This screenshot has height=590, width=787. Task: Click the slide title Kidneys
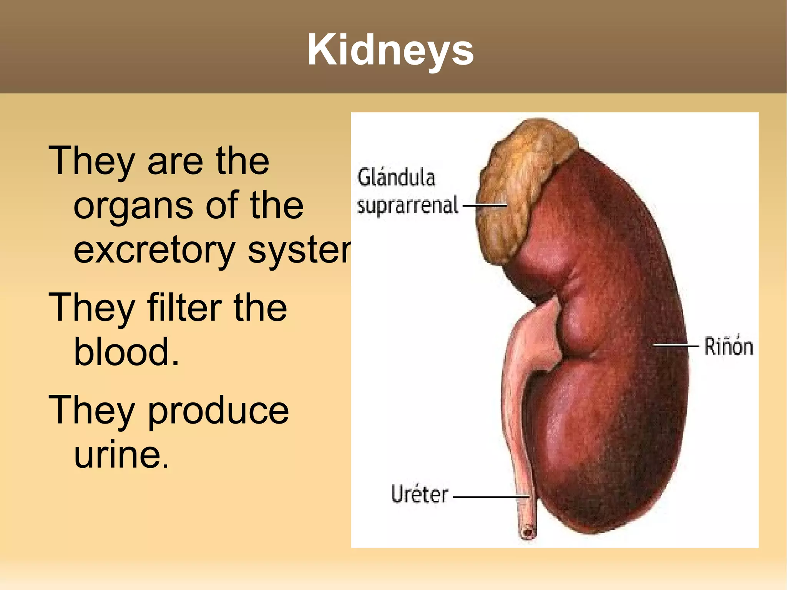point(390,50)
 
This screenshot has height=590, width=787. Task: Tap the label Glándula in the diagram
point(396,178)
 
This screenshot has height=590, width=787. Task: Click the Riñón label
point(728,346)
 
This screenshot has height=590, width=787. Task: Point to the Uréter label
point(419,494)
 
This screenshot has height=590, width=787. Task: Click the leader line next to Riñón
point(676,345)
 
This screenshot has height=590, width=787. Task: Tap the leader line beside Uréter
point(491,497)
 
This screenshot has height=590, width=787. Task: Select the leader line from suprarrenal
point(485,205)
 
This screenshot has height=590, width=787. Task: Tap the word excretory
point(154,251)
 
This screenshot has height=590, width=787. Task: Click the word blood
point(126,351)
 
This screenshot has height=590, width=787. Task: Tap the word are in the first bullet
point(175,161)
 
